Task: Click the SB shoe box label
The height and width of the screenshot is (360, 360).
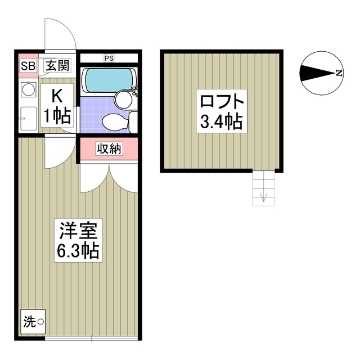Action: point(28,66)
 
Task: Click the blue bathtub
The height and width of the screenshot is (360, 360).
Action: point(107,80)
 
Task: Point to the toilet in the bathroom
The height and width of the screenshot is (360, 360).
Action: point(113,120)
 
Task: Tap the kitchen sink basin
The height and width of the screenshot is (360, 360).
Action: point(28,118)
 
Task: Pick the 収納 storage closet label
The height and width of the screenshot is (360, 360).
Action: point(108,148)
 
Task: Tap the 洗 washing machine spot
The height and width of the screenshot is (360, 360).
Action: point(32,322)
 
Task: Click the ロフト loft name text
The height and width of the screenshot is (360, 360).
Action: point(222,102)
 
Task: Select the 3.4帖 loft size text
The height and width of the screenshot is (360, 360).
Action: point(222,121)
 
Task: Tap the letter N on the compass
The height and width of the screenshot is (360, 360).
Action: point(338,73)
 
